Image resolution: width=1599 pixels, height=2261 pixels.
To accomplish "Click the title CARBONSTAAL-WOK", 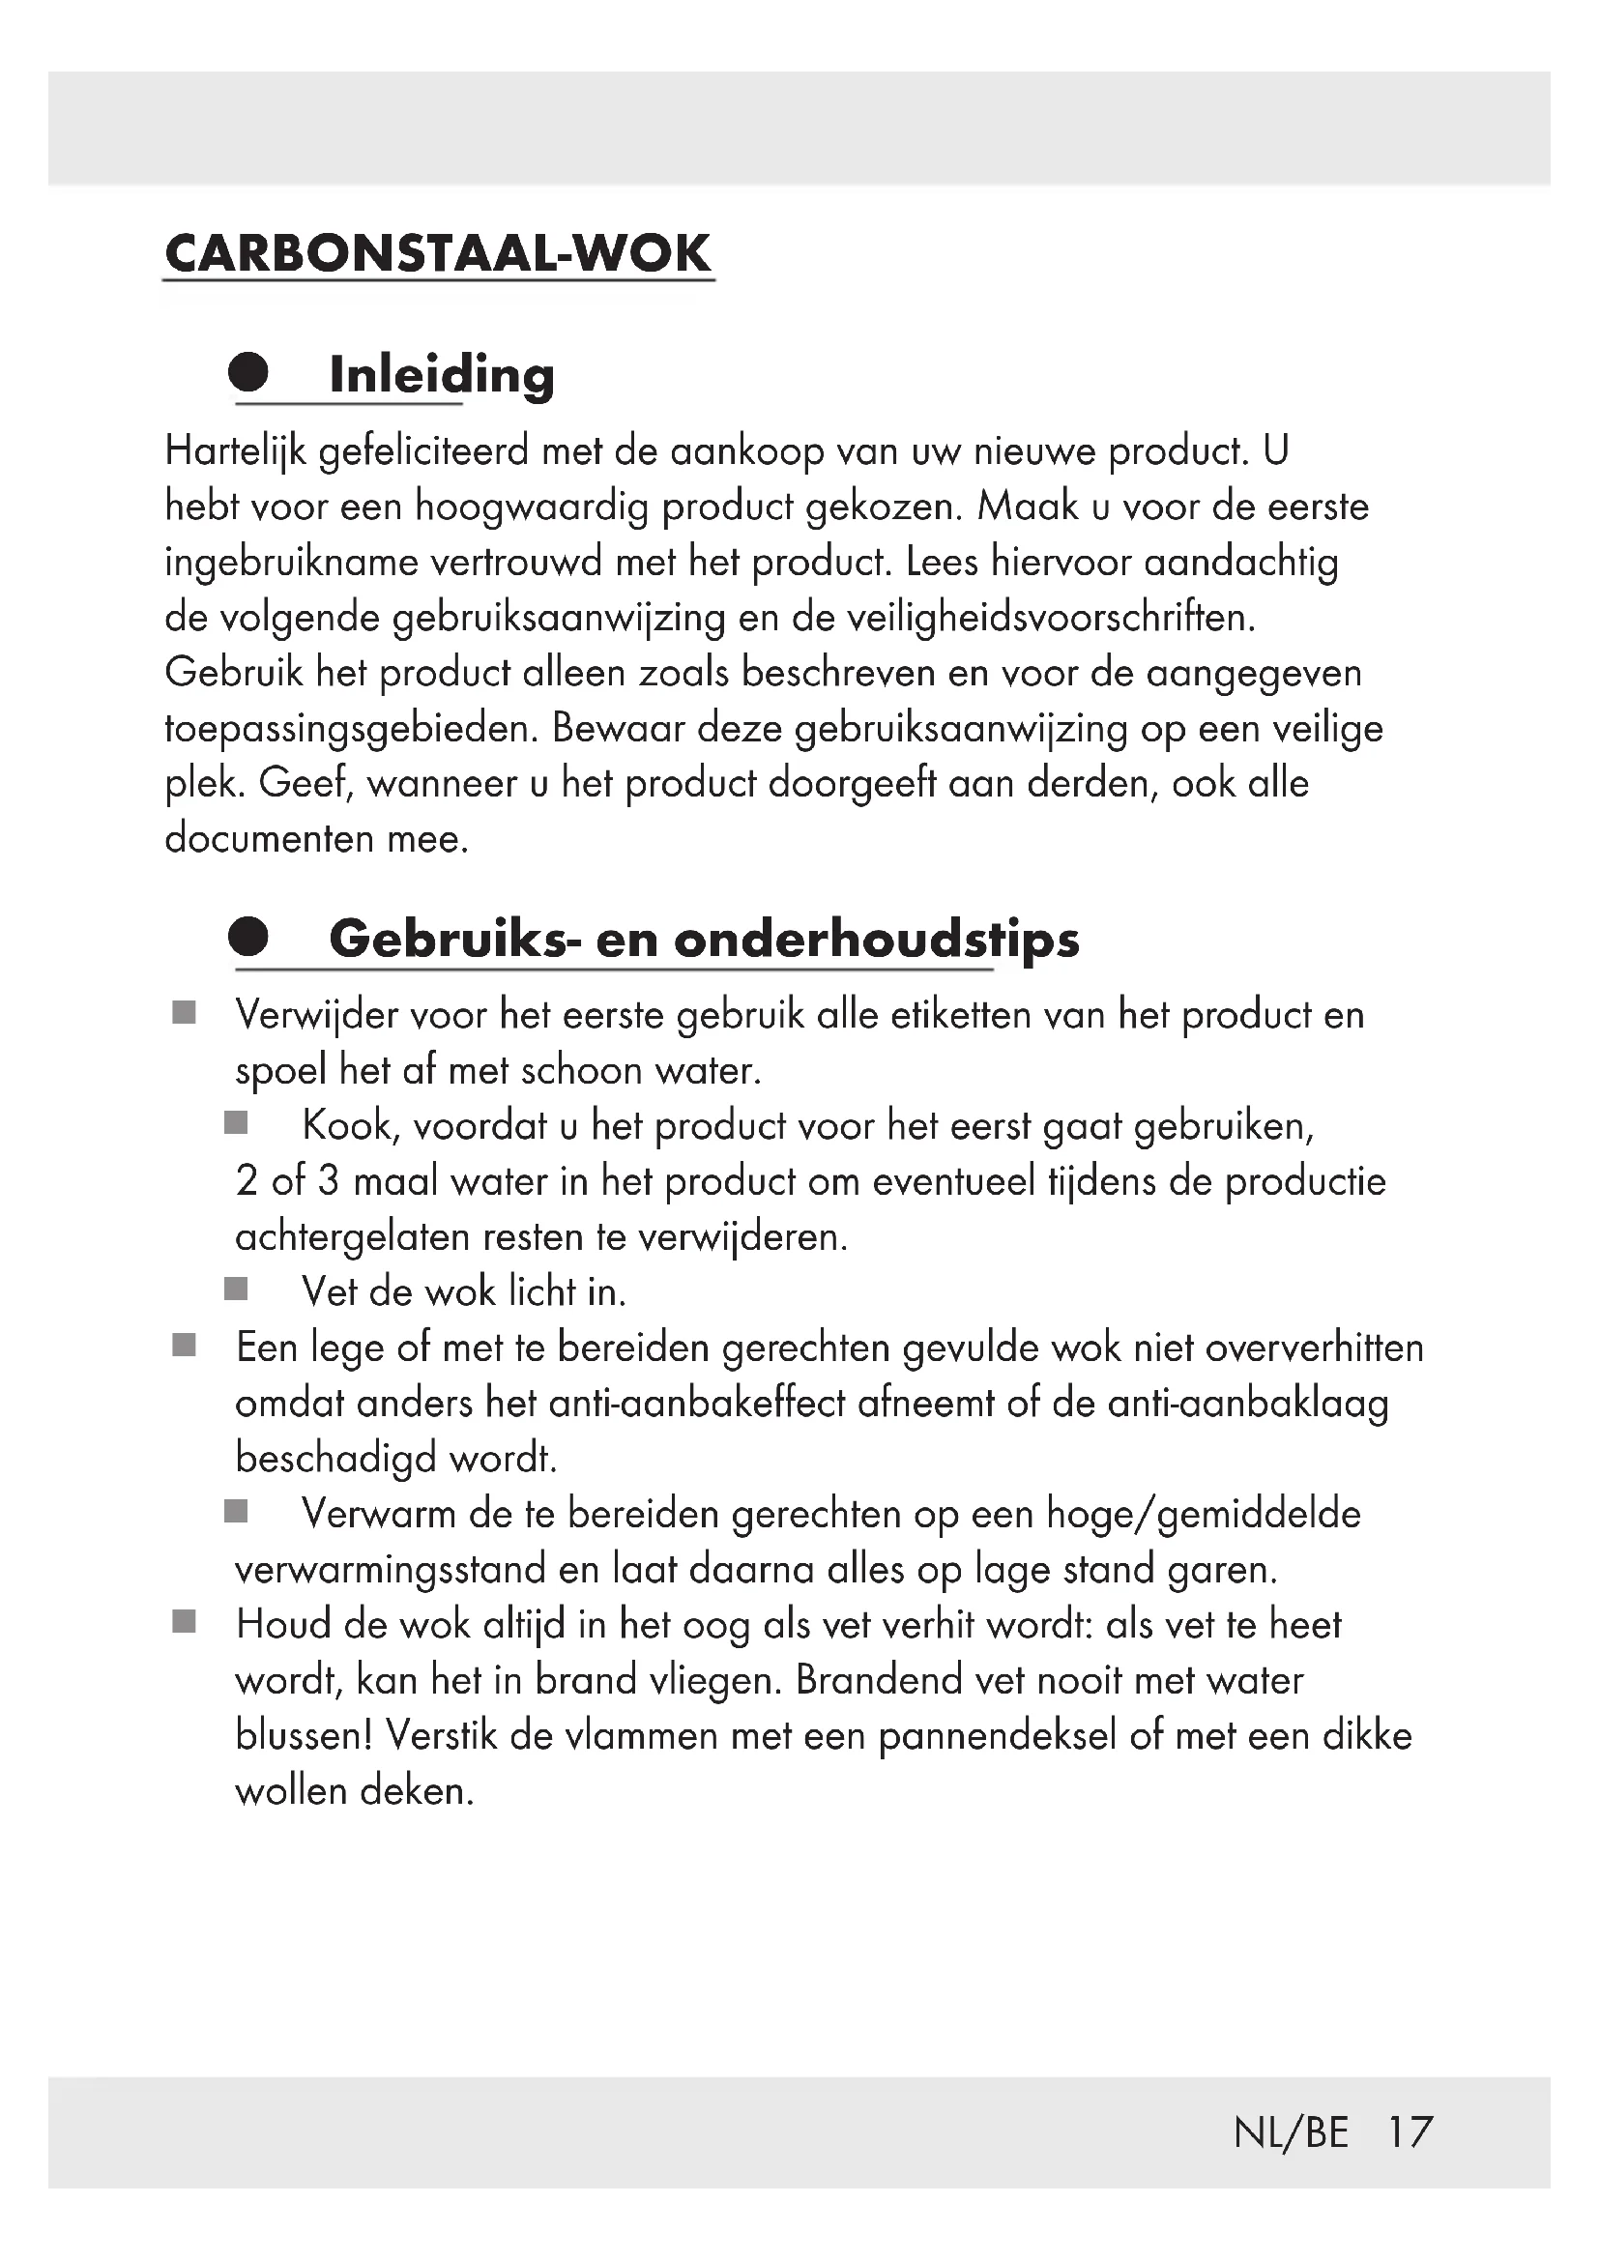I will [x=437, y=254].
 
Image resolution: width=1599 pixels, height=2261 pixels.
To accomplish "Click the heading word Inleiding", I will [x=441, y=375].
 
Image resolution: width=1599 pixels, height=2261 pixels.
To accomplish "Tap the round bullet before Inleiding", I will [x=248, y=372].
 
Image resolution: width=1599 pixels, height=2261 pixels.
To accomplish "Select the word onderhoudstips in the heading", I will [x=876, y=940].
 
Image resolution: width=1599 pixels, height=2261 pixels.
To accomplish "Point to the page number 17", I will [x=1410, y=2132].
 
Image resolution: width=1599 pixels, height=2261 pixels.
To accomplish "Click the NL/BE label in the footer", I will [x=1291, y=2132].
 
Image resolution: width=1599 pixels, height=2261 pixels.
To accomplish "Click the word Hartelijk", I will [x=236, y=452].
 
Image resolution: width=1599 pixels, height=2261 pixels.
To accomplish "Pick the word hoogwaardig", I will [x=532, y=508].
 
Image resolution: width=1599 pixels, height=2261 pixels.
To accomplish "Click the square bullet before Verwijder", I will [x=184, y=1013].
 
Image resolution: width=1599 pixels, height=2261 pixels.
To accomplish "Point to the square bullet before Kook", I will [x=236, y=1123].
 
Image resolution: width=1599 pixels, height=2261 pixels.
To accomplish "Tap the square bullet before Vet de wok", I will [x=236, y=1290].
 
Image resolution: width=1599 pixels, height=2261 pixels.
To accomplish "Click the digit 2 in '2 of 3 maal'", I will [x=247, y=1180].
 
